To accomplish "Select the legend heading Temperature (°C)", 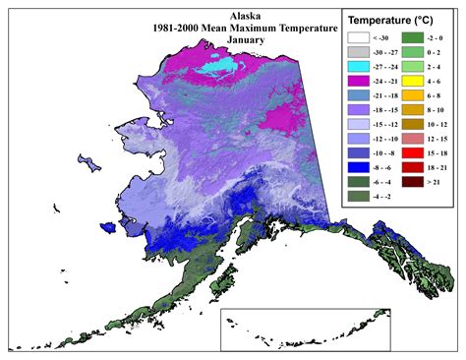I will click(x=391, y=19).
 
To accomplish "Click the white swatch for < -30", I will click(x=356, y=38).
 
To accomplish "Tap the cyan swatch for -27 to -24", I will click(x=356, y=67).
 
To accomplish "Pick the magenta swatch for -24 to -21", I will click(x=356, y=82).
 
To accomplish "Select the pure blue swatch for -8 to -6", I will click(x=356, y=168).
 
